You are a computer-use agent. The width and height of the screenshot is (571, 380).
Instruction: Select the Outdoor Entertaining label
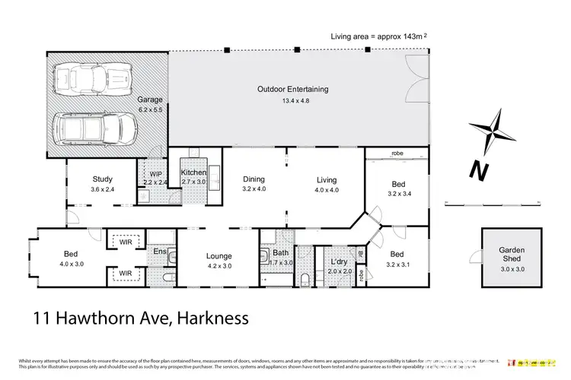292,89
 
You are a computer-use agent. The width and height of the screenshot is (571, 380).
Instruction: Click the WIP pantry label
155,173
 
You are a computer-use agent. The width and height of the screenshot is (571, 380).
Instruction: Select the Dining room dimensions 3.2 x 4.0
254,188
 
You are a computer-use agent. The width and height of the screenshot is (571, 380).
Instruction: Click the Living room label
327,179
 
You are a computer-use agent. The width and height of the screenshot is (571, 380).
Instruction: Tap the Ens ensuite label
160,252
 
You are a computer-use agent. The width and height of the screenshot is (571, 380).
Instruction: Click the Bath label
280,252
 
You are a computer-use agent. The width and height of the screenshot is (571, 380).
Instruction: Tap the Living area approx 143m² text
378,36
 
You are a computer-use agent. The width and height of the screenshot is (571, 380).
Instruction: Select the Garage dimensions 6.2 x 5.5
149,109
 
